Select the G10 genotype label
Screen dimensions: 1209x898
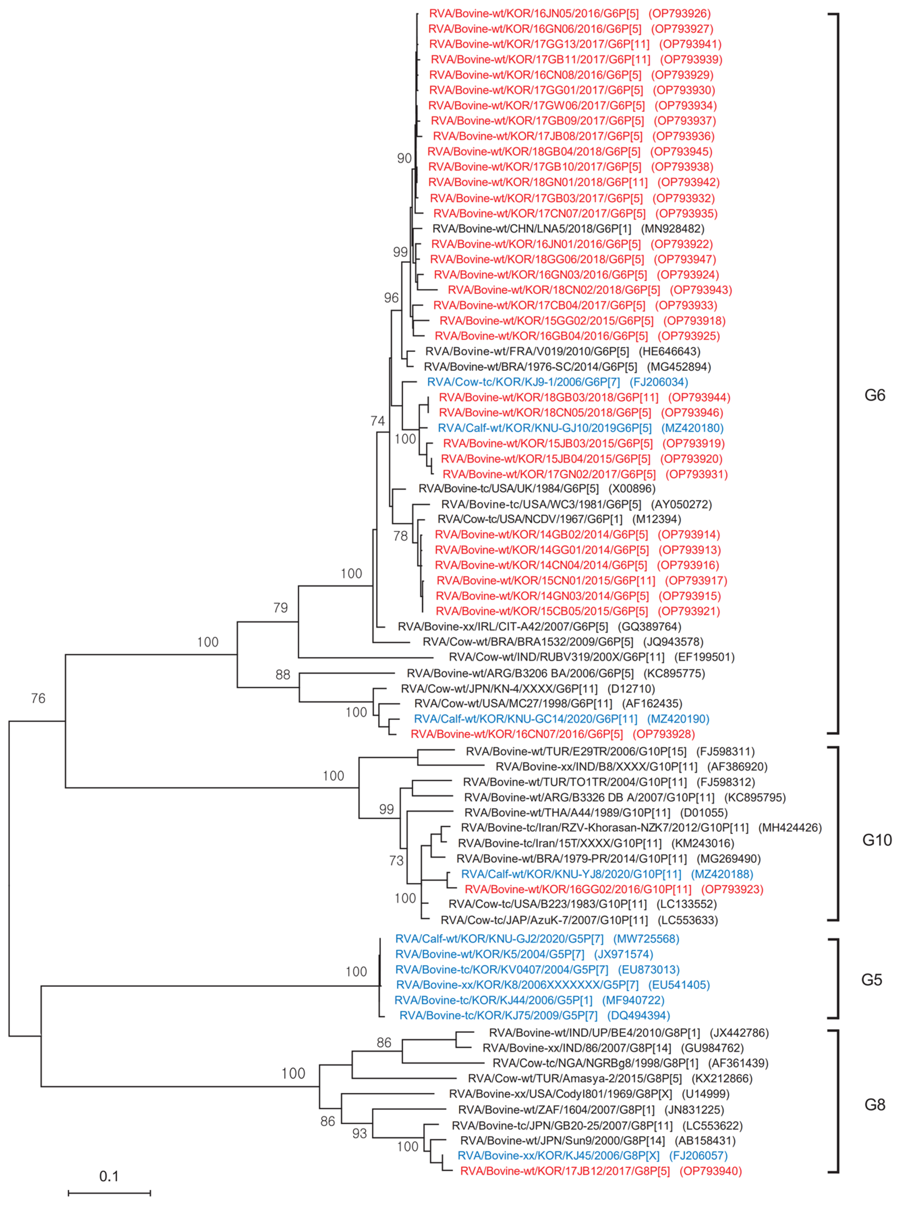(876, 840)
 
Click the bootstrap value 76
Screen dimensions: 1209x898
(38, 698)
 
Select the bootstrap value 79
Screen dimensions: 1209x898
(281, 607)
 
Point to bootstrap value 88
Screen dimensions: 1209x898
(283, 674)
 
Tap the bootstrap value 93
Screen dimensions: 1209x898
(359, 1134)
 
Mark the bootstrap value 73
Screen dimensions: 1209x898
(396, 861)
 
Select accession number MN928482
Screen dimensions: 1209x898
(673, 229)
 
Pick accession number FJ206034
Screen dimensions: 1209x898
(659, 382)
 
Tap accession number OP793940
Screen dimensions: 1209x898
(711, 1171)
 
